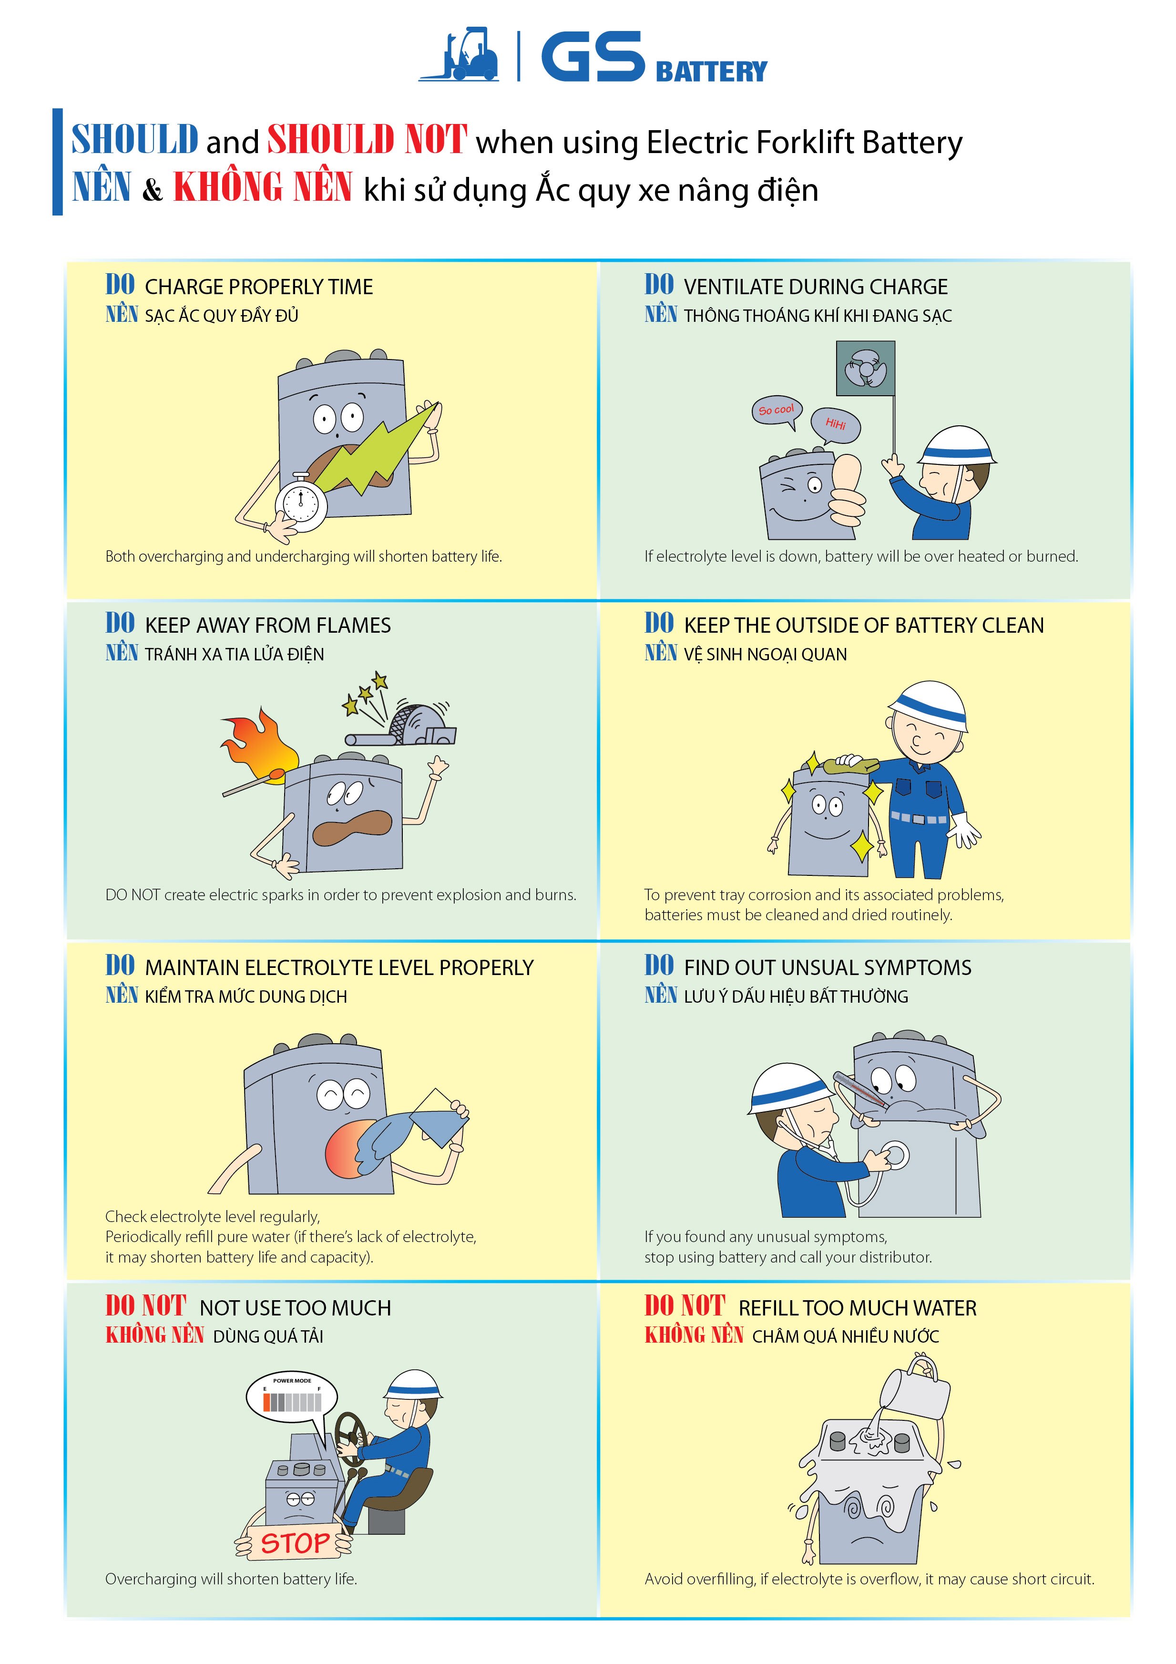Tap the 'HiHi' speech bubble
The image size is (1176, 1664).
point(836,425)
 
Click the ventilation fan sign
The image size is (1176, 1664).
point(865,369)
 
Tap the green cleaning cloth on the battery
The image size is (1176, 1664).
point(857,764)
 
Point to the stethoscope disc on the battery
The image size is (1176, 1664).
point(896,1155)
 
